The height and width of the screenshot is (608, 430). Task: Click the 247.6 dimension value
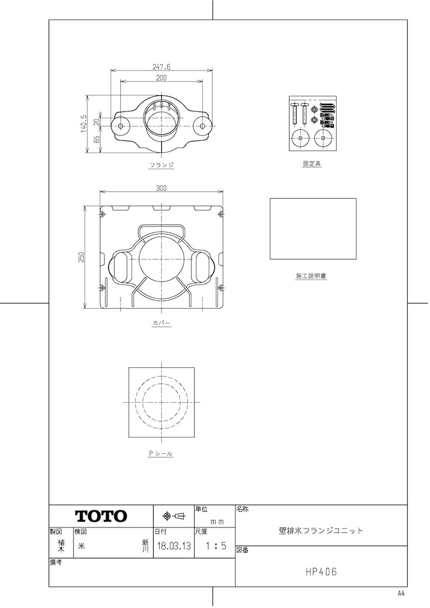[161, 67]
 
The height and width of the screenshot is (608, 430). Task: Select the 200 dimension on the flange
[161, 78]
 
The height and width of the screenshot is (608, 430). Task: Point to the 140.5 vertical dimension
[84, 124]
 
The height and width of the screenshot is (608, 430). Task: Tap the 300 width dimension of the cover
[161, 188]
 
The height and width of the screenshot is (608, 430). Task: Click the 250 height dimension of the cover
[82, 257]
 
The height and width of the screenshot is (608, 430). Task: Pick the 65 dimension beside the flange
[97, 139]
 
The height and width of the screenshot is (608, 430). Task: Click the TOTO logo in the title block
[101, 516]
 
